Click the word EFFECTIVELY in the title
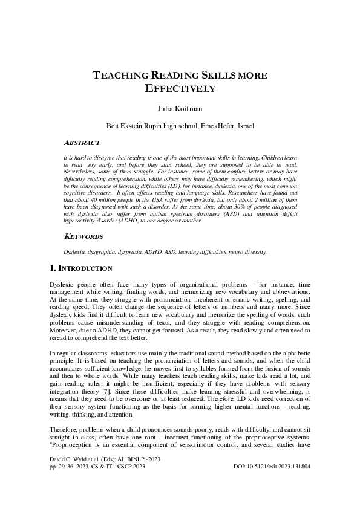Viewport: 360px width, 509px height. click(x=180, y=88)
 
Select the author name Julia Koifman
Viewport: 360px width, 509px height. click(x=180, y=109)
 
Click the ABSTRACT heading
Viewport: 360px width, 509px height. click(x=82, y=143)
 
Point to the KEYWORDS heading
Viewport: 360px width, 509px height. click(x=83, y=236)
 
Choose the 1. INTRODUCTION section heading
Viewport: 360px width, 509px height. click(x=80, y=268)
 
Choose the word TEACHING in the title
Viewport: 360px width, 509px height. click(x=119, y=76)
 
